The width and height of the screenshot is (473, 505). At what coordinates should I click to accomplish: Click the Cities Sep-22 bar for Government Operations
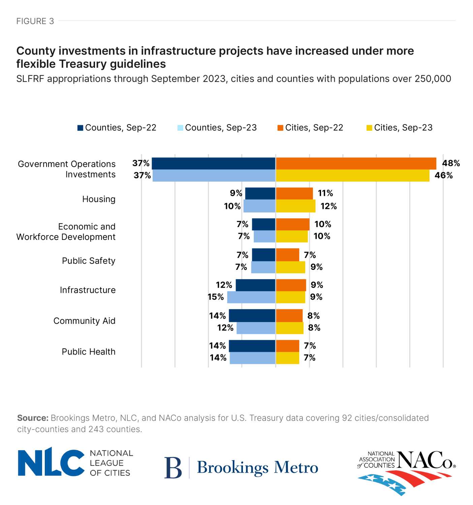coord(356,163)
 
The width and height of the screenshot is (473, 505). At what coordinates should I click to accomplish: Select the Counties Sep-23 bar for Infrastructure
coord(251,297)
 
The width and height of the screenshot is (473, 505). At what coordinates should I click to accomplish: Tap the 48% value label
coord(451,163)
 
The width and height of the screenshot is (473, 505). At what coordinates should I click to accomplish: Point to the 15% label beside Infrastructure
coord(216,297)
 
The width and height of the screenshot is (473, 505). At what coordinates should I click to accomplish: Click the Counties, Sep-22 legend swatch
coord(80,128)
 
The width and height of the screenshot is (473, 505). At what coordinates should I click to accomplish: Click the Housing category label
coord(99,199)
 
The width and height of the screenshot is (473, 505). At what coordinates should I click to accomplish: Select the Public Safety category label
coord(89,261)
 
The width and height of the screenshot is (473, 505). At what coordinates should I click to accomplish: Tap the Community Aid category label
coord(84,321)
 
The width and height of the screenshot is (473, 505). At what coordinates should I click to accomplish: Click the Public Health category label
coord(89,352)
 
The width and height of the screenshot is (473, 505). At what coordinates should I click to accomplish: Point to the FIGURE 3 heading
coord(35,21)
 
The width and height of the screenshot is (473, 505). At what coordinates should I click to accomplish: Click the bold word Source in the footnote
coord(33,418)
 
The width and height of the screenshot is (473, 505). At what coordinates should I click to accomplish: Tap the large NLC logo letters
coord(51,462)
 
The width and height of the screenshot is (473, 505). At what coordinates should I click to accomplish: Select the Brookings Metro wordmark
coord(257,468)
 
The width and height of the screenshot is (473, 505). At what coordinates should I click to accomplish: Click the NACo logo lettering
coord(425,460)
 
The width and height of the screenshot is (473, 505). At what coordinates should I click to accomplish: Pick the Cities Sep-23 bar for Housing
coord(295,206)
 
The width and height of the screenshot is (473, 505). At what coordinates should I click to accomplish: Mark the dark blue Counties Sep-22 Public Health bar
coord(252,346)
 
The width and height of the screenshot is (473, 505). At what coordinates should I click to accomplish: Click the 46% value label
coord(443,176)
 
